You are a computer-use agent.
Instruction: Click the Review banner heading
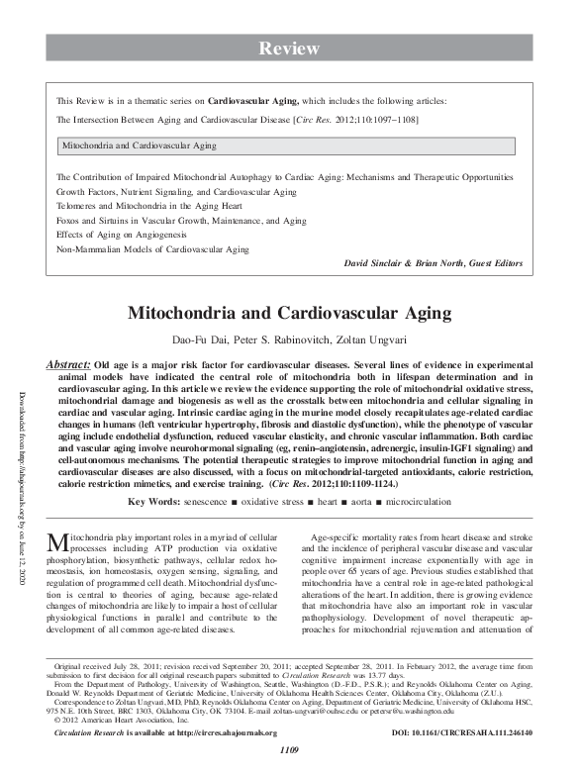[x=289, y=48]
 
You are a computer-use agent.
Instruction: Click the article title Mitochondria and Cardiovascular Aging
[x=289, y=313]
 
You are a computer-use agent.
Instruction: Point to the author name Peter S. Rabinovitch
[x=277, y=341]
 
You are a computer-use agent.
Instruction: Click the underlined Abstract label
[x=68, y=365]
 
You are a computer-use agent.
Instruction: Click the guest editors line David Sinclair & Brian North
[x=432, y=264]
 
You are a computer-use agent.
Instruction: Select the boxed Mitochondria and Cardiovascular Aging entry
[x=140, y=145]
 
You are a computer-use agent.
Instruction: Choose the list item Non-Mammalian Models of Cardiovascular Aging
[x=152, y=250]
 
